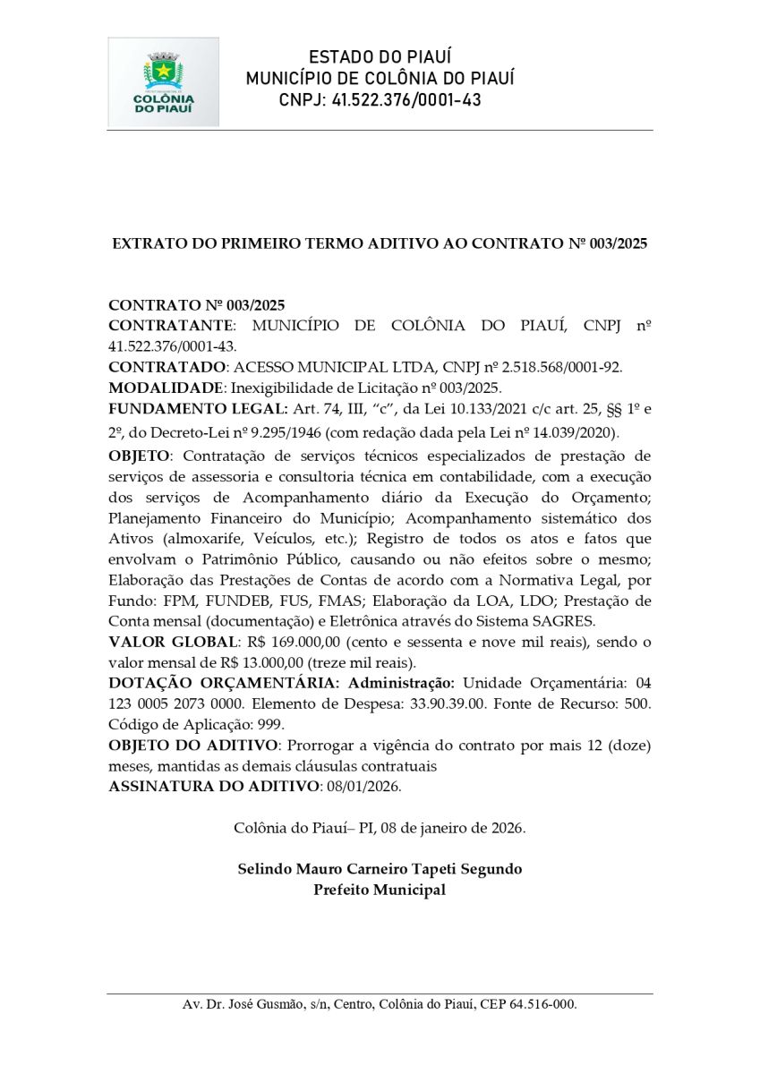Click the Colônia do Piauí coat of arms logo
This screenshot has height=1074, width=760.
tap(163, 81)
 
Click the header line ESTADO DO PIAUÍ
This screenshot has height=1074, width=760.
tap(380, 57)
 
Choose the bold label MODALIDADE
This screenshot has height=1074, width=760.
tap(166, 388)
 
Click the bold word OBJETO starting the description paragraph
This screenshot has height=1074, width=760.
tap(137, 456)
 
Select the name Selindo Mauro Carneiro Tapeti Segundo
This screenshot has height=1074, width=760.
tap(380, 868)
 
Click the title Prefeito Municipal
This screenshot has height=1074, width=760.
tap(380, 890)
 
